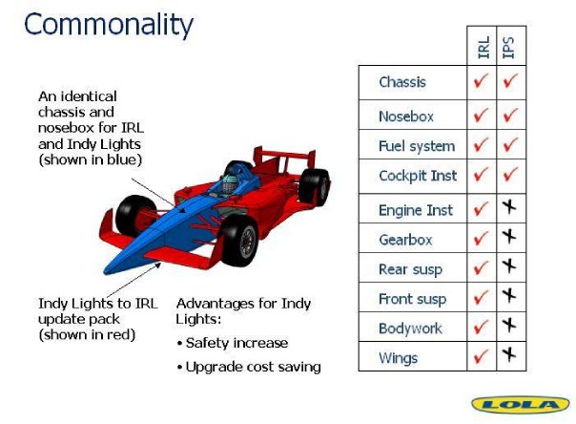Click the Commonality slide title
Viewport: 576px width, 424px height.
click(x=109, y=24)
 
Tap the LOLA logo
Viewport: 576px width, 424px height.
click(x=521, y=405)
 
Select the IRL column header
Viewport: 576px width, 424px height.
click(x=483, y=47)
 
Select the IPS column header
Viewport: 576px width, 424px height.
click(x=508, y=47)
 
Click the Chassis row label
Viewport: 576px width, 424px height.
click(x=402, y=82)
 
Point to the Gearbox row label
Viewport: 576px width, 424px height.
click(x=405, y=240)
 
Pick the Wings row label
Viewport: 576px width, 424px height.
click(x=398, y=358)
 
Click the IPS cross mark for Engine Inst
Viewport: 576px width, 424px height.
click(x=509, y=207)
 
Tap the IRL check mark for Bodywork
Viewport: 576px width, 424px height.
click(x=481, y=327)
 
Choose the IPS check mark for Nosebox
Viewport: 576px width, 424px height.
click(x=510, y=115)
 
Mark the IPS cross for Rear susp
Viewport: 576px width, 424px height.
click(x=509, y=265)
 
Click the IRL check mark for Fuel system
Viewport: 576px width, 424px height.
click(x=481, y=144)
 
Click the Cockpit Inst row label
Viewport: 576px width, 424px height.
click(x=418, y=176)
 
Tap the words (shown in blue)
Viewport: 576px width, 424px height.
click(x=90, y=160)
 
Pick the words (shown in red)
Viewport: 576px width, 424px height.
click(x=87, y=334)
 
